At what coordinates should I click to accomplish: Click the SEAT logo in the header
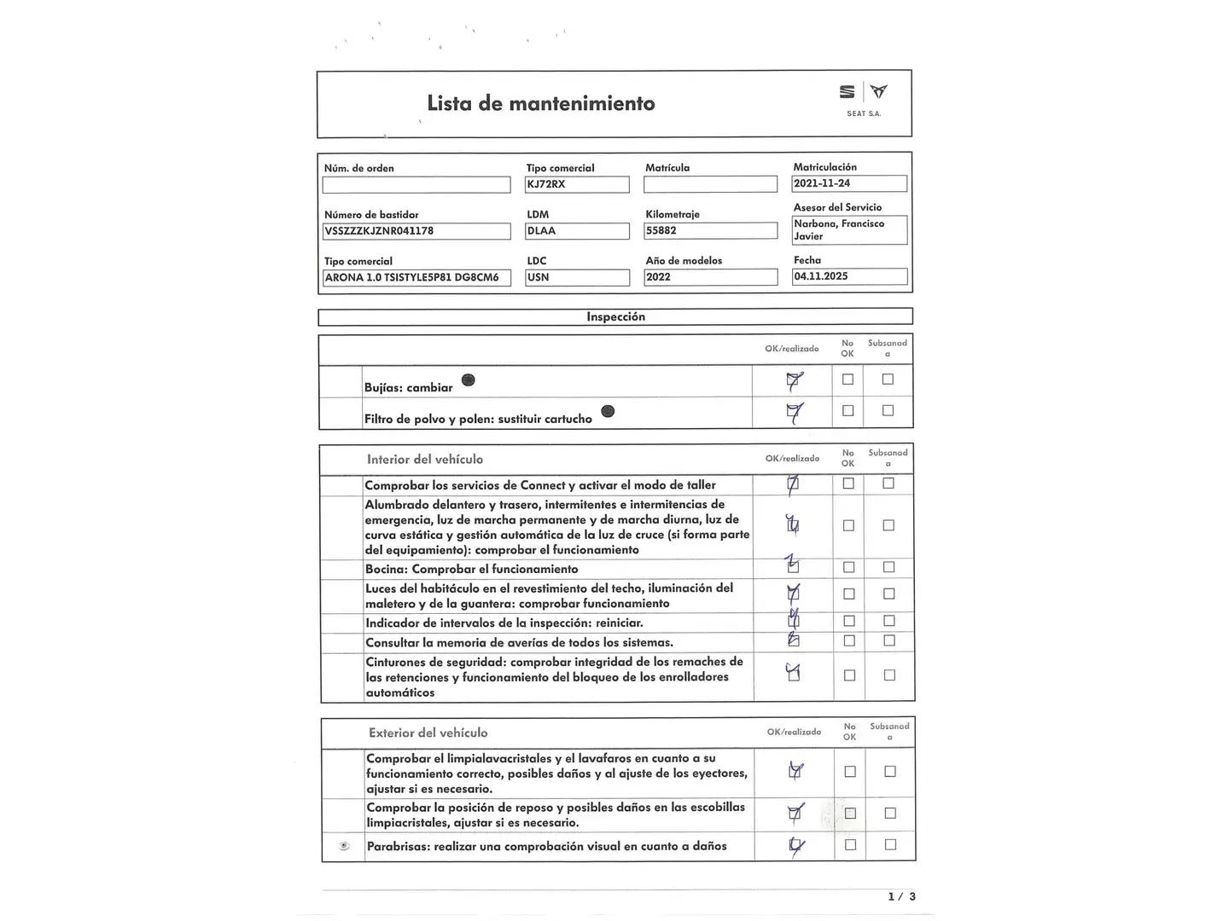tap(847, 92)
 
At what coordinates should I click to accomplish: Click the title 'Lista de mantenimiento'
tap(541, 104)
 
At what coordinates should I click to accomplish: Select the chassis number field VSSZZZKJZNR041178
tap(416, 231)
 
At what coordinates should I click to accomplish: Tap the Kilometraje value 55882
tap(710, 231)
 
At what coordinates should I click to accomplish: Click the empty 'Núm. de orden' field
tap(416, 185)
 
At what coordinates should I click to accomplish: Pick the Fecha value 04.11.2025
tap(849, 276)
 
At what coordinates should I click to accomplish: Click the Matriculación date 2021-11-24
tap(849, 183)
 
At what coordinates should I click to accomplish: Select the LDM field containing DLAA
tap(577, 231)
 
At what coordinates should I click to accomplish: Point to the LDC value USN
tap(577, 277)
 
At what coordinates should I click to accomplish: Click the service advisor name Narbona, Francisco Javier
tap(849, 230)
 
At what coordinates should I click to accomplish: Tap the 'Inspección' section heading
tap(615, 317)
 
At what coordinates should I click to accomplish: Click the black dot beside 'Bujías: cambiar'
tap(468, 380)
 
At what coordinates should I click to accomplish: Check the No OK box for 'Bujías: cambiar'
tap(847, 379)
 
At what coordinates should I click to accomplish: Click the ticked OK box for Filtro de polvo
tap(794, 412)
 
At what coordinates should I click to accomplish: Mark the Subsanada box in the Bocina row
tap(888, 567)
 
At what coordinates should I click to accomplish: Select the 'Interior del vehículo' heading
tap(425, 460)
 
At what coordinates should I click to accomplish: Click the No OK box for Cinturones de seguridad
tap(849, 675)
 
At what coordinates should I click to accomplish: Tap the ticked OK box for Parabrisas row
tap(795, 846)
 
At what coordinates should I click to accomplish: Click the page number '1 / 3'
tap(901, 896)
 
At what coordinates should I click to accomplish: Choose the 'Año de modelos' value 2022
tap(710, 277)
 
